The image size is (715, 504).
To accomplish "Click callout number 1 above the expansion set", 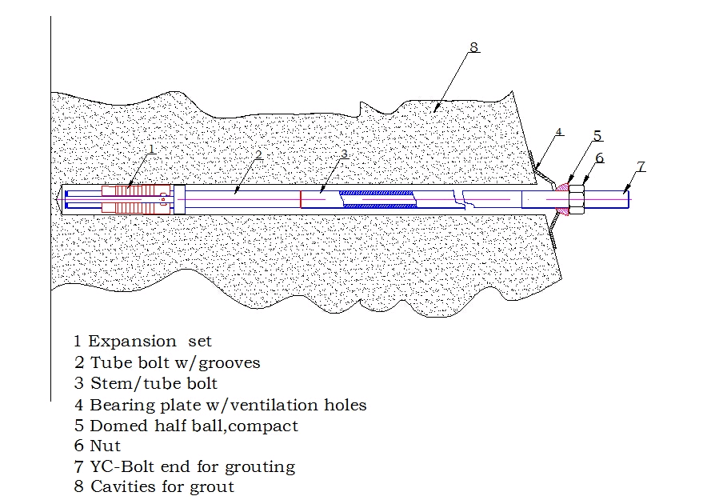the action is [x=152, y=149].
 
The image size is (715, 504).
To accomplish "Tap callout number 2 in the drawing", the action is [x=258, y=155].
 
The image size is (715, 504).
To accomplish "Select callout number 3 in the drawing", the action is [x=344, y=154].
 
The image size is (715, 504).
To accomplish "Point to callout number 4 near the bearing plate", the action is [x=559, y=132].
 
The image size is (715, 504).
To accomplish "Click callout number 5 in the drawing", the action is [x=597, y=135].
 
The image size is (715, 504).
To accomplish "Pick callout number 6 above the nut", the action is [x=600, y=158].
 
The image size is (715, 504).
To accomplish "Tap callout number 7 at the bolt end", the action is [x=641, y=166].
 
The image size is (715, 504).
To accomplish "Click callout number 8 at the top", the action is [x=474, y=47].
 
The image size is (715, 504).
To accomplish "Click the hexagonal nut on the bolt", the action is [x=577, y=199].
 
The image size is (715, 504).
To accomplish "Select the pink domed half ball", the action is [x=562, y=199].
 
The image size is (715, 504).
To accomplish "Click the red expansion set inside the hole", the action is [x=136, y=199].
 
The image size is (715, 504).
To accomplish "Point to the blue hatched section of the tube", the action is [x=378, y=199].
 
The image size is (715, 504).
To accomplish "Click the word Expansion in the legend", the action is [x=132, y=342].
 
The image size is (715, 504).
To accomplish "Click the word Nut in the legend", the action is [x=106, y=446].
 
